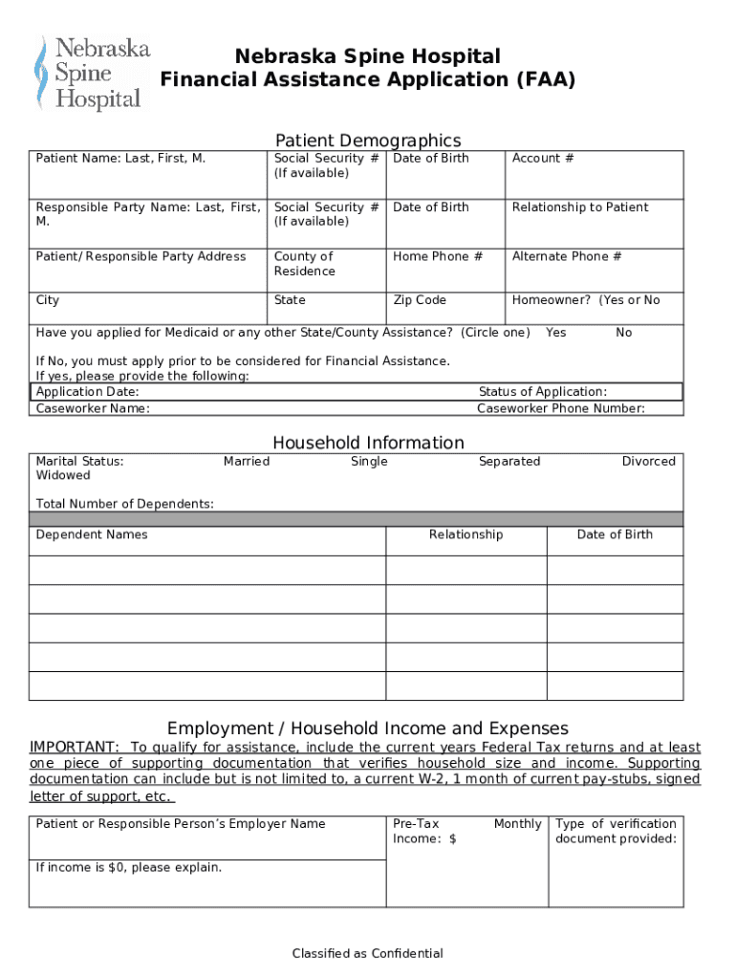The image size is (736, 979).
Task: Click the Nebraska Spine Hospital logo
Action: coord(91,73)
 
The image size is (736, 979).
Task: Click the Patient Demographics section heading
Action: coord(368,141)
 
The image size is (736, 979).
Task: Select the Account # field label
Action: coord(543,159)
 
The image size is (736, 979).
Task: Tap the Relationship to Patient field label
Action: coord(579,207)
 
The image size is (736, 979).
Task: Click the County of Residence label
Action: coord(305,264)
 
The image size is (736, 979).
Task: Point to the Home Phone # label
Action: coord(438,256)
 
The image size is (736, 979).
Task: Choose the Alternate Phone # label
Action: coord(567,256)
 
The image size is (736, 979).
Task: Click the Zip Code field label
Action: coord(420,300)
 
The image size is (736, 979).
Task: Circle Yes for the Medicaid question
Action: coord(555,333)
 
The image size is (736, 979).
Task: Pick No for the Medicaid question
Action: coord(624,333)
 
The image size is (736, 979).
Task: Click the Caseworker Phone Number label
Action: coord(561,409)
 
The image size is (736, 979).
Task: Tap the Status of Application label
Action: coord(542,392)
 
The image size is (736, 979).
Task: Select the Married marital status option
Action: coord(247,462)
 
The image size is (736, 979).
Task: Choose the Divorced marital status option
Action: coord(648,462)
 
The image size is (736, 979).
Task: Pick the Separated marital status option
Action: coord(509,462)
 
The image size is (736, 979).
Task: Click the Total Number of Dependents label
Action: coord(124,504)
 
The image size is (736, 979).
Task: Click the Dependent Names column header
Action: coord(92,534)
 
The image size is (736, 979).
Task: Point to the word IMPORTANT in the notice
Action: coord(75,747)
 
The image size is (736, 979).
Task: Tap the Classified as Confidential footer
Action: coord(368,953)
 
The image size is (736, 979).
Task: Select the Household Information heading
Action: coord(368,443)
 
